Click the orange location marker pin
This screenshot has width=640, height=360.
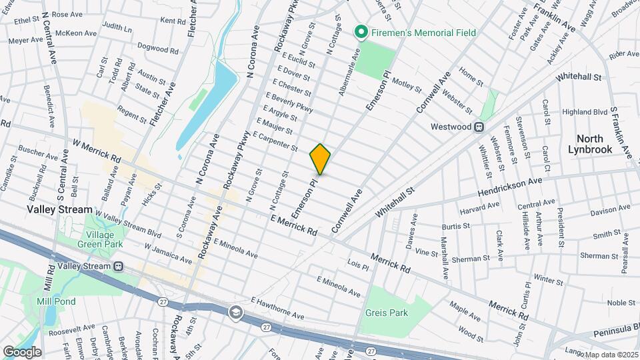(321, 159)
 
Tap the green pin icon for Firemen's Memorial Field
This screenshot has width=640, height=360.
(361, 31)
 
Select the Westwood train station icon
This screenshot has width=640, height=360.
(478, 127)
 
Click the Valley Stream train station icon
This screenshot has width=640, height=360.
(119, 266)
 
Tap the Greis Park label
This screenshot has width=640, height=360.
(386, 312)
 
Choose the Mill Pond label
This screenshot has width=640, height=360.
(56, 301)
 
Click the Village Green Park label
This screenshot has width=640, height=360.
(104, 240)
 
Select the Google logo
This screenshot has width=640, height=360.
(22, 351)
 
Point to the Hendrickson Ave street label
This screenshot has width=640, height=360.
(509, 187)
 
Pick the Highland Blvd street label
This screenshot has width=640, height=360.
(585, 112)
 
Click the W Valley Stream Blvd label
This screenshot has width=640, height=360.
(127, 224)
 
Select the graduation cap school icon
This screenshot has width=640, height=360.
(235, 312)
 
